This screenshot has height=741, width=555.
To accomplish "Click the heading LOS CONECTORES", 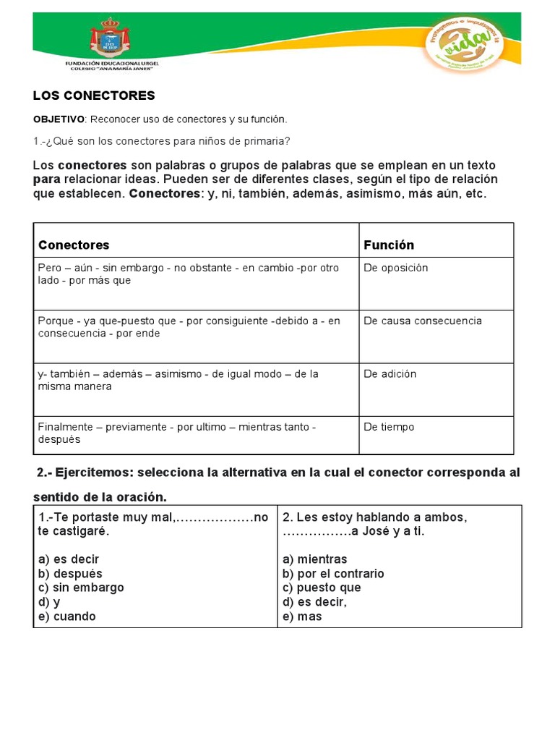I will click(x=94, y=96).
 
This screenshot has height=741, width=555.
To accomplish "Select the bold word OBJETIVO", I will click(x=59, y=119).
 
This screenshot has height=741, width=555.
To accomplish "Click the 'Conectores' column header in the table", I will click(x=74, y=245).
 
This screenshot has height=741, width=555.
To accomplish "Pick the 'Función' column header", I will click(x=389, y=245).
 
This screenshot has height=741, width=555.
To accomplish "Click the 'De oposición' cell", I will click(x=396, y=268).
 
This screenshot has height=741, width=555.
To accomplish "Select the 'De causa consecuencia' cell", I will click(x=423, y=321).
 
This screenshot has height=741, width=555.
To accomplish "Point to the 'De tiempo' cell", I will click(x=389, y=427).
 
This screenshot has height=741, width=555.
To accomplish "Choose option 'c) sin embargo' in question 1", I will click(x=80, y=588).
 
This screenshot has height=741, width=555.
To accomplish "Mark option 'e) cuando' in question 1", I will click(x=66, y=617).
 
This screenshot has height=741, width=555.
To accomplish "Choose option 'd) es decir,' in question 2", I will click(x=314, y=602).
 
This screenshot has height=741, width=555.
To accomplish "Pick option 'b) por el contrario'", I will click(x=333, y=574).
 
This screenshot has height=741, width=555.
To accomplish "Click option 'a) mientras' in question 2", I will click(x=314, y=559).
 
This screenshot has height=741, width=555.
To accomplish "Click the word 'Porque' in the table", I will click(x=56, y=321).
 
